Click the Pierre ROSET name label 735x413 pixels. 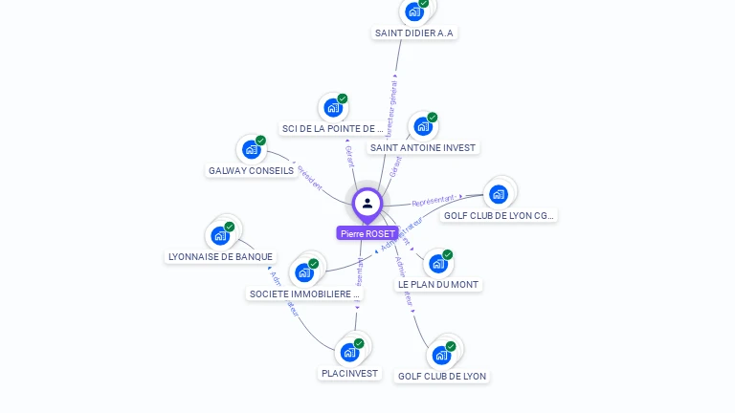coord(367,233)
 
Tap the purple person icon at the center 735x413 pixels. coord(367,203)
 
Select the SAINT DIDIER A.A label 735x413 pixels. coord(414,33)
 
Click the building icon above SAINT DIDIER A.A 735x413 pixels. coord(414,11)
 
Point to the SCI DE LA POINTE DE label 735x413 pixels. coord(332,128)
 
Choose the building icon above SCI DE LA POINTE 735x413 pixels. coord(333,107)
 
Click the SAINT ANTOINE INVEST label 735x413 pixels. coord(423,147)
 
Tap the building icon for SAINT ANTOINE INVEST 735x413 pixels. coord(423,126)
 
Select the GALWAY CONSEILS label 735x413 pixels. coord(251,170)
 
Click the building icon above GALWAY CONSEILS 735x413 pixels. coord(251,149)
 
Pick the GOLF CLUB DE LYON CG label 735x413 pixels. coord(498,215)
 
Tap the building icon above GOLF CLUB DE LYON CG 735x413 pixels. coord(498,194)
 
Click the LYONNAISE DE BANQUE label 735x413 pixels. coord(220,256)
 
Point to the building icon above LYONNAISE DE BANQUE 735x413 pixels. coord(220,235)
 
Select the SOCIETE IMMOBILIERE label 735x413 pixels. coord(303,293)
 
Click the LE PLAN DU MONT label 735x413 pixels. coord(437,284)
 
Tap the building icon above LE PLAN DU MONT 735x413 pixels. coord(437,263)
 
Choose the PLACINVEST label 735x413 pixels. coord(349,373)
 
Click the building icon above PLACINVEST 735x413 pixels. coord(349,352)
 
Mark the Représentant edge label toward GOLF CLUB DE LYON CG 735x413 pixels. coord(433,201)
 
